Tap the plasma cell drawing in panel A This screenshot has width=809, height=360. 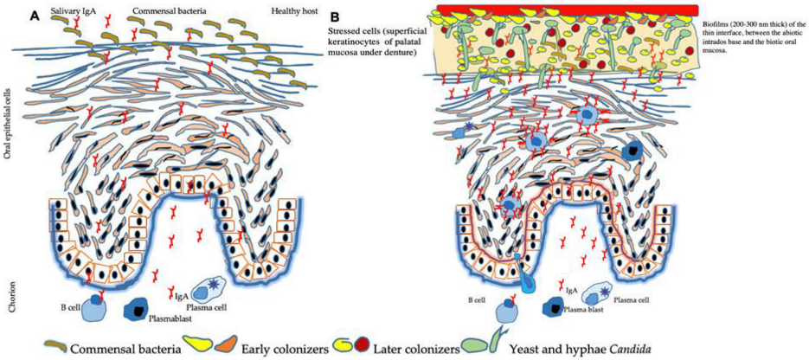[208, 292]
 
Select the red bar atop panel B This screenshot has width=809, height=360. [568, 9]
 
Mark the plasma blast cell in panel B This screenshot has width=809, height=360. [556, 306]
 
